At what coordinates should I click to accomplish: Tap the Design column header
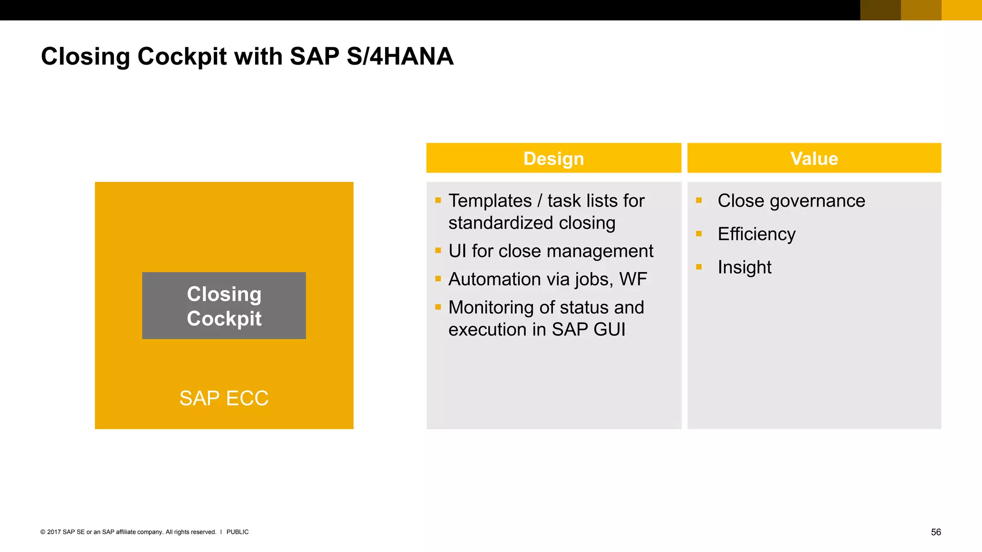coord(553,159)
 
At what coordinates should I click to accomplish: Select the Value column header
coord(814,159)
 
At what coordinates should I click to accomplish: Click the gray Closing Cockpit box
coord(224,306)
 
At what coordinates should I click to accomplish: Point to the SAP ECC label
coord(224,398)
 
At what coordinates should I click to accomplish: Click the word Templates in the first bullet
coord(490,201)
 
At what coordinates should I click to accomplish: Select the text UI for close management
coord(550,251)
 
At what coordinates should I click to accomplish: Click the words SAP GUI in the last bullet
coord(588,330)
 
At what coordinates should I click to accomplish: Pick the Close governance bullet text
coord(791,201)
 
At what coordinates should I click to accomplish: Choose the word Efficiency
coord(757,234)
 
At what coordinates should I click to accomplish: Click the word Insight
coord(744,267)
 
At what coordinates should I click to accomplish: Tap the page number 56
coord(935,532)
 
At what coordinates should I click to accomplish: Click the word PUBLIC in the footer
coord(237,532)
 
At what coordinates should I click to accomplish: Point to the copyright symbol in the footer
coord(43,532)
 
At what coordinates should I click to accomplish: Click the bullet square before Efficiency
coord(699,234)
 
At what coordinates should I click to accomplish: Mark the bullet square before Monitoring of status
coord(438,307)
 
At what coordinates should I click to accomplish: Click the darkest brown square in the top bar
coord(880,10)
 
